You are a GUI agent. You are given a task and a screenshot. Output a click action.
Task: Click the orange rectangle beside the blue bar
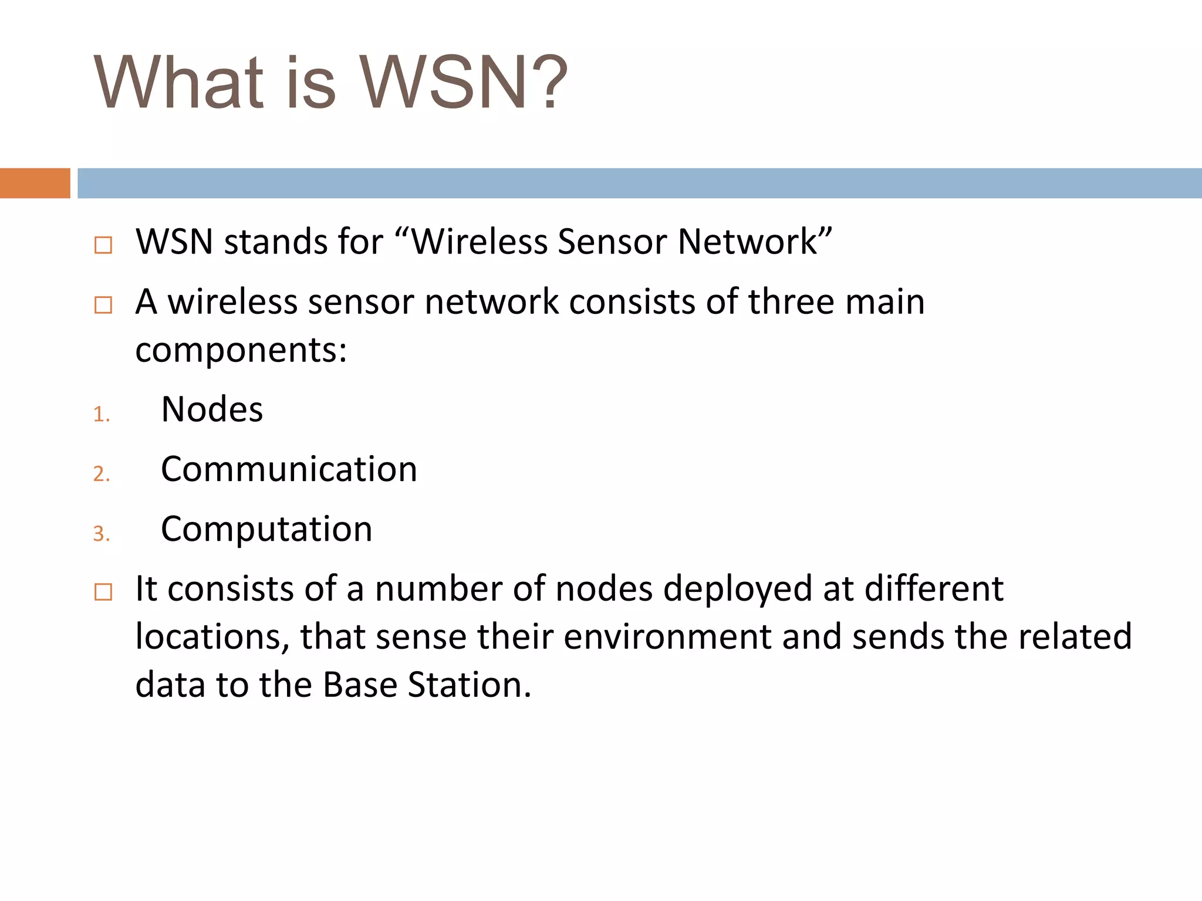coord(35,183)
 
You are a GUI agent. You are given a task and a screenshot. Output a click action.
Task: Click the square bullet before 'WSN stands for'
coord(103,245)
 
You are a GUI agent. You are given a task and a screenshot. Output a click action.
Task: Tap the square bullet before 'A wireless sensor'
coord(103,304)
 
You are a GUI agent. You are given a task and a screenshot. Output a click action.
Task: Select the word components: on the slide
coord(241,351)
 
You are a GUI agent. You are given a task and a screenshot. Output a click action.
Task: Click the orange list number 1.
coord(101,415)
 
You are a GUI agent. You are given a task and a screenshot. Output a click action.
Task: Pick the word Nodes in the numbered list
coord(212,409)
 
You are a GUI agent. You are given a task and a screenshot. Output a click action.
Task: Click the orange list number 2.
coord(101,474)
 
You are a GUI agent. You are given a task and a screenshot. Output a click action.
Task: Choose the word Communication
coord(289,469)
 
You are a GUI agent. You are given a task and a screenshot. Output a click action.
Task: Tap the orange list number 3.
coord(101,534)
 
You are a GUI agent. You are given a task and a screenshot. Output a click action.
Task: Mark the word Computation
coord(266,529)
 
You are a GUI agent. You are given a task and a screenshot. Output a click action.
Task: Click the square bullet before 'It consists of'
coord(103,592)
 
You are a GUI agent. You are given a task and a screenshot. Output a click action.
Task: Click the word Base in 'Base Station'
coord(360,685)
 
